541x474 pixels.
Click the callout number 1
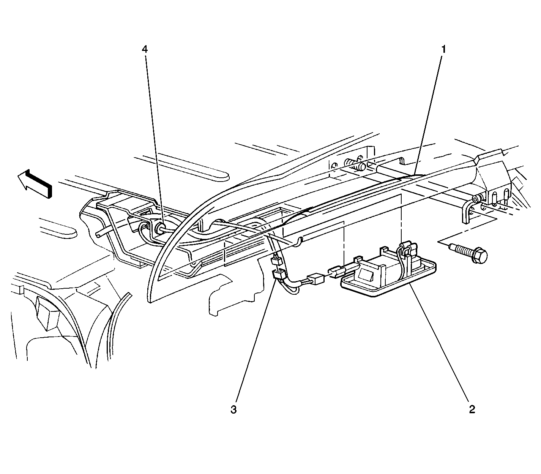(443, 49)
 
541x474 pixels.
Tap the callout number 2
(472, 409)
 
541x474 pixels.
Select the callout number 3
(233, 410)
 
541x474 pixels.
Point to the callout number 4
(145, 49)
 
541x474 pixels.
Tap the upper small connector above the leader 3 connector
(276, 261)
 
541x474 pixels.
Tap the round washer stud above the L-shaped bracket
(476, 198)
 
